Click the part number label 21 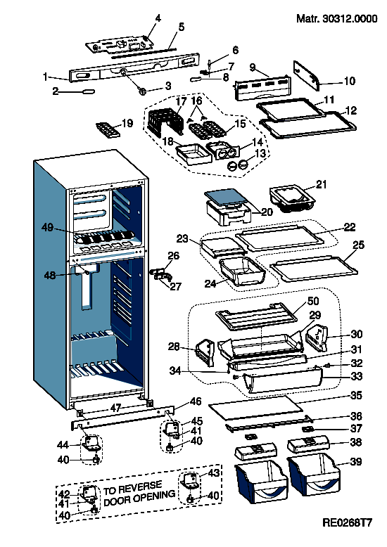tap(322, 184)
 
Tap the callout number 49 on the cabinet tap(48, 228)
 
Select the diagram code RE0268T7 tap(347, 522)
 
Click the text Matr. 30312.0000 tap(337, 18)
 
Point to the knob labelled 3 tap(143, 91)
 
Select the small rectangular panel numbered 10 tap(307, 75)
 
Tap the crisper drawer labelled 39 tap(314, 475)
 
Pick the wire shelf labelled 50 tap(257, 316)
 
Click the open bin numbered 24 tap(242, 272)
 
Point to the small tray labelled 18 tap(193, 154)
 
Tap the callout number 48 tap(49, 275)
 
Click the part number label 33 tap(356, 376)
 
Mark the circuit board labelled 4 tap(120, 46)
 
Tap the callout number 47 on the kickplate tap(115, 408)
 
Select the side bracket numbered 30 tap(317, 338)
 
